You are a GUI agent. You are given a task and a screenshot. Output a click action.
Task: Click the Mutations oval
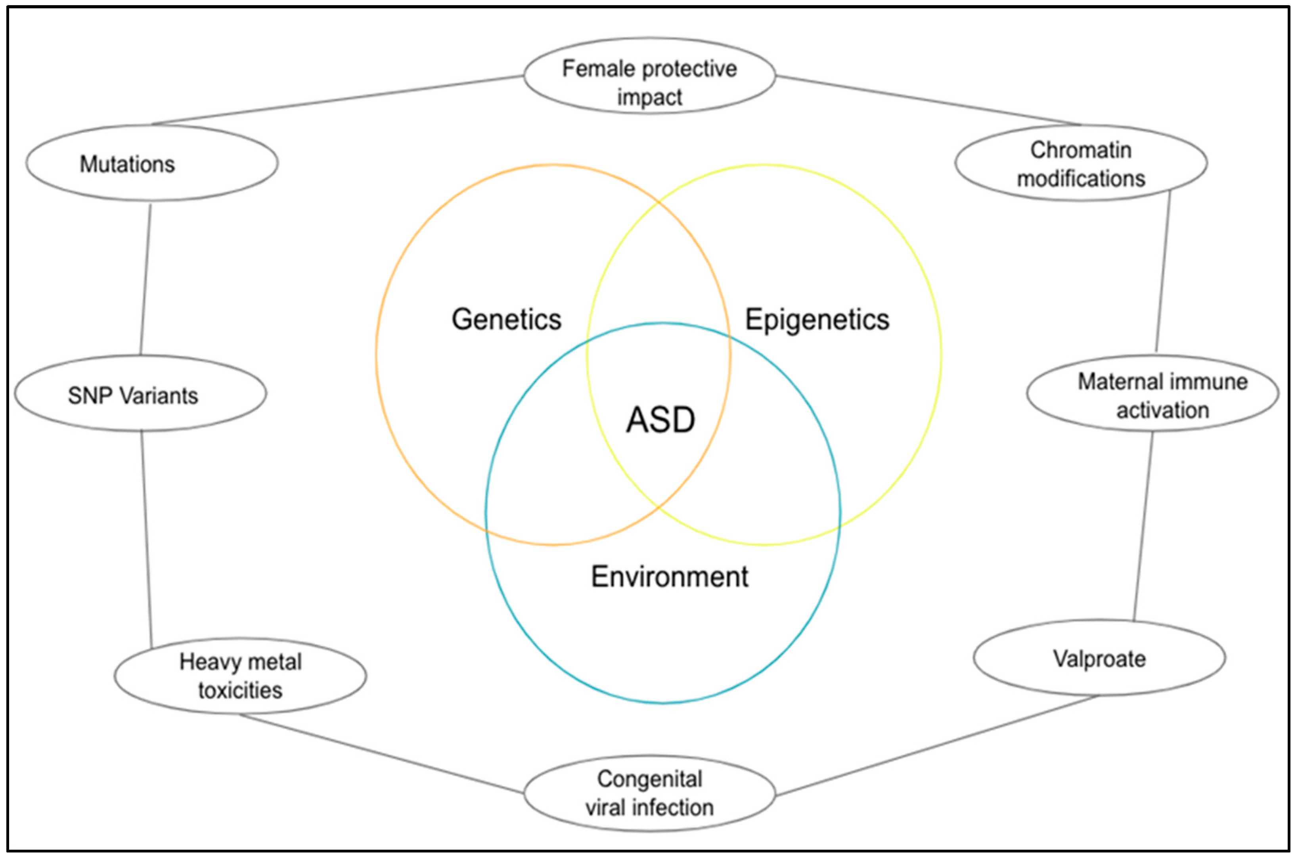click(x=152, y=163)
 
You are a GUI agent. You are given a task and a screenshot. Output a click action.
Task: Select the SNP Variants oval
click(x=140, y=393)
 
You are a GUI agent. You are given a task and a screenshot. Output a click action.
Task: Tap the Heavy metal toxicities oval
click(x=240, y=676)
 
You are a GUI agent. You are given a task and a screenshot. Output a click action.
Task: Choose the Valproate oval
click(x=1100, y=658)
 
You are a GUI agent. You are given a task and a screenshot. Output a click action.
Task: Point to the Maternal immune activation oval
click(x=1152, y=393)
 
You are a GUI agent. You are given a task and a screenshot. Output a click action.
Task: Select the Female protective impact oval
click(x=649, y=76)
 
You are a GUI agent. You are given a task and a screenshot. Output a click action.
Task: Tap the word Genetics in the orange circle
click(x=506, y=319)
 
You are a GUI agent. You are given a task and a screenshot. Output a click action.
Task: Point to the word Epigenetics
click(x=817, y=319)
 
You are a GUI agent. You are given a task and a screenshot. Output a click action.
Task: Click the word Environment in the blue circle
click(x=669, y=577)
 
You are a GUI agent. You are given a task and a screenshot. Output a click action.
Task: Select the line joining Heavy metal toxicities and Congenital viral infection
click(x=381, y=754)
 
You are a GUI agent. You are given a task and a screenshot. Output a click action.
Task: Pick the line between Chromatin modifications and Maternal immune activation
click(x=1163, y=272)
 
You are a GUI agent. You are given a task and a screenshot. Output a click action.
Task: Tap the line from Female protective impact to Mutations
click(x=337, y=100)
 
